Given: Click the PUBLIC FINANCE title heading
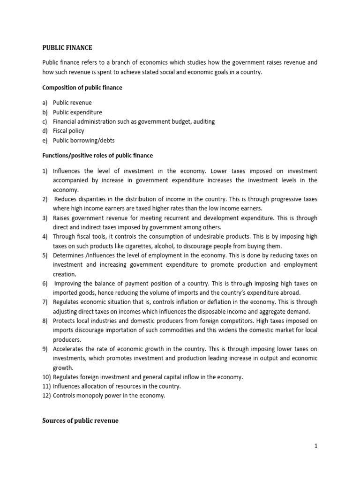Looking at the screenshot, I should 67,48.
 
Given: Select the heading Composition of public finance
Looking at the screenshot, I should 82,88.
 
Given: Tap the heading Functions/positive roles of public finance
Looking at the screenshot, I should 97,155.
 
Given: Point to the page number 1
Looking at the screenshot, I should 316,446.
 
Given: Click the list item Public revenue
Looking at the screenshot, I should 72,103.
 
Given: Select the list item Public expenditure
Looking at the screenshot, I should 77,112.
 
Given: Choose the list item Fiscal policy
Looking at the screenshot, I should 69,131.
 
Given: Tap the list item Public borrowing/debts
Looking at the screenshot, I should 83,140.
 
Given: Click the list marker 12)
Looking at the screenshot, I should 46,396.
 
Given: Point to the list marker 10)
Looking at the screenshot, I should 46,377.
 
